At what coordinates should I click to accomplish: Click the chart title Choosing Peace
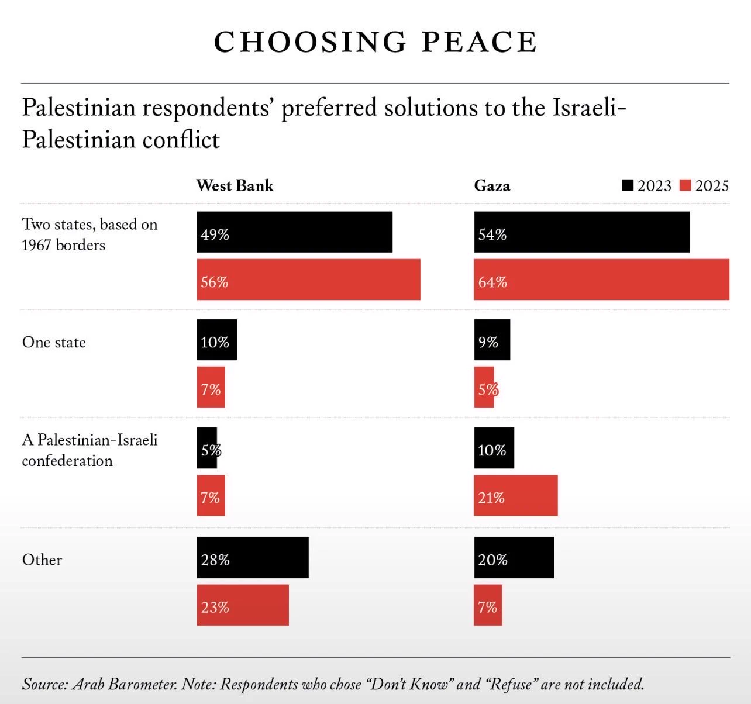click(375, 42)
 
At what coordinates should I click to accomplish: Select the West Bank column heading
click(235, 185)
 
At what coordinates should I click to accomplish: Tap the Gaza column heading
click(492, 185)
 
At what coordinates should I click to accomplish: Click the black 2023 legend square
click(628, 185)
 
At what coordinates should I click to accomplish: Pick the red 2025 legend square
click(685, 185)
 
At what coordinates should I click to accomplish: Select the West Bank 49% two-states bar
click(295, 232)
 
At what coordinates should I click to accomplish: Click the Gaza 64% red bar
click(602, 279)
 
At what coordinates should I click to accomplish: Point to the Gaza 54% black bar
click(582, 232)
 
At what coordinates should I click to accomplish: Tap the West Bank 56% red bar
click(309, 279)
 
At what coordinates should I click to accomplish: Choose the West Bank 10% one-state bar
click(217, 340)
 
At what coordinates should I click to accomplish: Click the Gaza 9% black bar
click(492, 340)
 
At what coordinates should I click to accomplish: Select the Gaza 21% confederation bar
click(516, 495)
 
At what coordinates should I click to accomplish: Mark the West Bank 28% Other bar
click(253, 557)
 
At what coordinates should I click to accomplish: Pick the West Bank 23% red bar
click(243, 605)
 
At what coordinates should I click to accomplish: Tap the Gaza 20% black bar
click(514, 557)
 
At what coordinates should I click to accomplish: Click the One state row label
click(54, 342)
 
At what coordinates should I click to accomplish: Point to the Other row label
click(42, 560)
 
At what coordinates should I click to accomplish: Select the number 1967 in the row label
click(36, 246)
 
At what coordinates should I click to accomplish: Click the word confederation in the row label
click(67, 461)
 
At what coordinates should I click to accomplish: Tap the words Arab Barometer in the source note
click(125, 684)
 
